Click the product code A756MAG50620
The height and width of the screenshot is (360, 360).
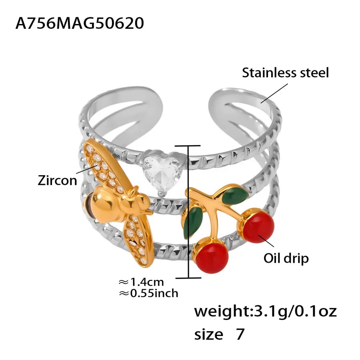tap(80, 23)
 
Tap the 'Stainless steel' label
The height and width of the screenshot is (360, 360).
tap(285, 72)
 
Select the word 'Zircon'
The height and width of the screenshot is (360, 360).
tap(57, 180)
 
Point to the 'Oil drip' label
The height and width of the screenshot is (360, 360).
tap(286, 258)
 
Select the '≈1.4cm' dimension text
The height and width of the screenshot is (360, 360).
tap(141, 282)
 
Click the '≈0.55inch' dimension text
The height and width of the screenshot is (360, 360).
tap(148, 293)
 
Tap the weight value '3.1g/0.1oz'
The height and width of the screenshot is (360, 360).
tap(294, 311)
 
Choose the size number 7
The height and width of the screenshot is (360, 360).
tap(240, 334)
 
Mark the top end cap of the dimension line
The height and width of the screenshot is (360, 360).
tap(188, 146)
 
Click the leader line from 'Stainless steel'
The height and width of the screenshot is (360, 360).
tap(274, 93)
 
